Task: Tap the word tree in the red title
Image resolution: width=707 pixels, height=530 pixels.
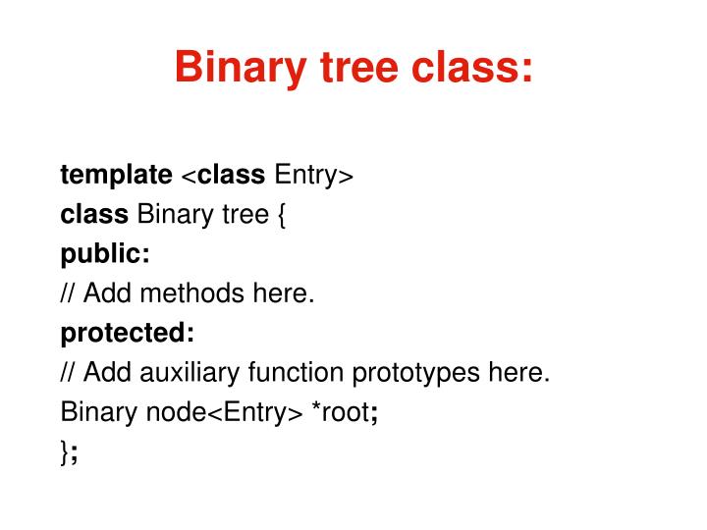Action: pyautogui.click(x=357, y=69)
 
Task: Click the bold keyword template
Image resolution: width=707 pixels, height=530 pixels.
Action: pyautogui.click(x=116, y=175)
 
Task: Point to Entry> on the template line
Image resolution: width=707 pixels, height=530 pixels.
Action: pyautogui.click(x=313, y=175)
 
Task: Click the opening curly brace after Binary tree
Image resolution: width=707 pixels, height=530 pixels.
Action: pyautogui.click(x=281, y=214)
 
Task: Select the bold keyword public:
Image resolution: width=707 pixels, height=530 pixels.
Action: pyautogui.click(x=105, y=254)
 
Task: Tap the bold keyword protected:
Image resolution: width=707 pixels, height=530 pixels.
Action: pyautogui.click(x=128, y=334)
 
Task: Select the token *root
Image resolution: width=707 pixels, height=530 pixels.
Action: pyautogui.click(x=341, y=412)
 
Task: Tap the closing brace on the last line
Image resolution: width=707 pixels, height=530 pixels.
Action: pyautogui.click(x=65, y=452)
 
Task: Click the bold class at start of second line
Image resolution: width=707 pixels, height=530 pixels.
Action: pyautogui.click(x=94, y=214)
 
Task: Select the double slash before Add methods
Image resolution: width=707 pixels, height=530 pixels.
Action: pyautogui.click(x=69, y=293)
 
